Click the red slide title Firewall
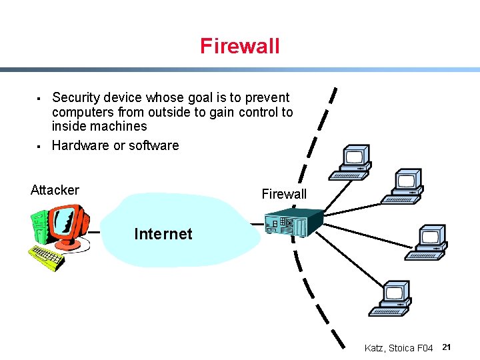[239, 46]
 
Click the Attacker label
[55, 190]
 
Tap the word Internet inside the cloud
[163, 234]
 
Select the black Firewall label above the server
[284, 194]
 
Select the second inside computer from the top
[403, 186]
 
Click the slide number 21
[447, 347]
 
